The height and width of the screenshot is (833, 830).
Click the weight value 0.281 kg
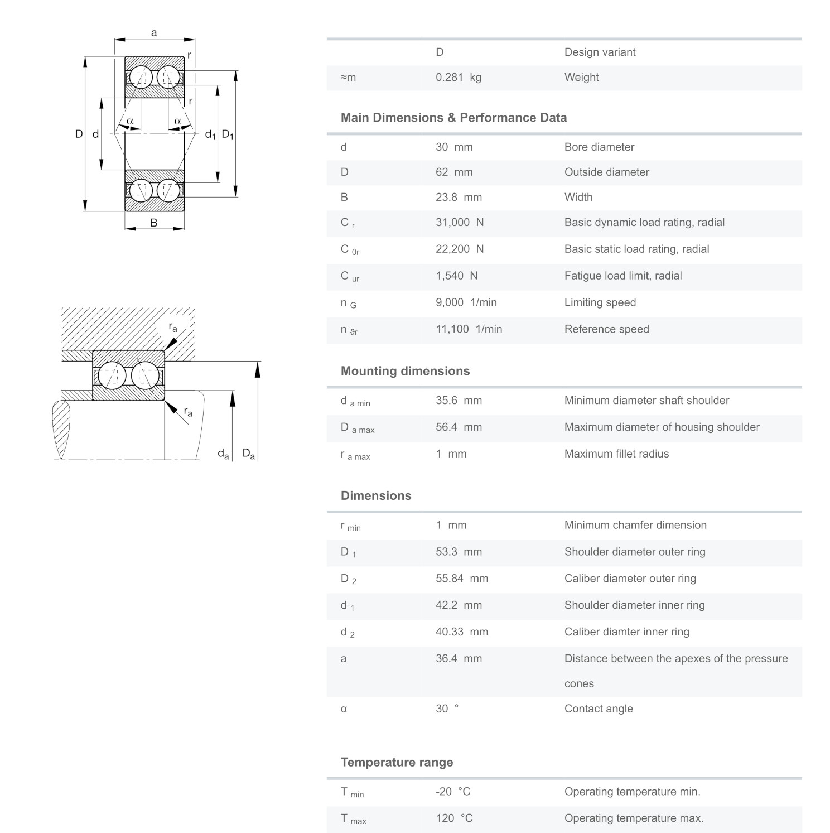458,78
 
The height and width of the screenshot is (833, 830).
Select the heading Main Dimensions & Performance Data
453,118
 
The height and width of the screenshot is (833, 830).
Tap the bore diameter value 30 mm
453,147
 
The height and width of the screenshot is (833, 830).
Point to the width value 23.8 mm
458,198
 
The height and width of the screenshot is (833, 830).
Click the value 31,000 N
459,223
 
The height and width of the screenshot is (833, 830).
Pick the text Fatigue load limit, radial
622,276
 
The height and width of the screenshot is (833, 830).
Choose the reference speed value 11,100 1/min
469,329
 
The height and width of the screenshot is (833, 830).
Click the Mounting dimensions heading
405,371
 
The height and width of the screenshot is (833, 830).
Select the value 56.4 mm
458,427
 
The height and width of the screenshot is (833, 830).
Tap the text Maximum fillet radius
616,454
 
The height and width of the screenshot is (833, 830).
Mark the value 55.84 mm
461,579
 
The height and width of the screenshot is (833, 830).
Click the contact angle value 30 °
447,709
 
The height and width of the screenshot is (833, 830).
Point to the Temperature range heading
397,763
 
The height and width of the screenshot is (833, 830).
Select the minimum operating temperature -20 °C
452,792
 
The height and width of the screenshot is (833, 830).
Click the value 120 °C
453,818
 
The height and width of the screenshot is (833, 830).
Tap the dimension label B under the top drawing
153,223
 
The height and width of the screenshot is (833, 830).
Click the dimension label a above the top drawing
154,33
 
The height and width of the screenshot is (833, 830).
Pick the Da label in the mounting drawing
249,454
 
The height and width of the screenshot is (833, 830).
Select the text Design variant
600,52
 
